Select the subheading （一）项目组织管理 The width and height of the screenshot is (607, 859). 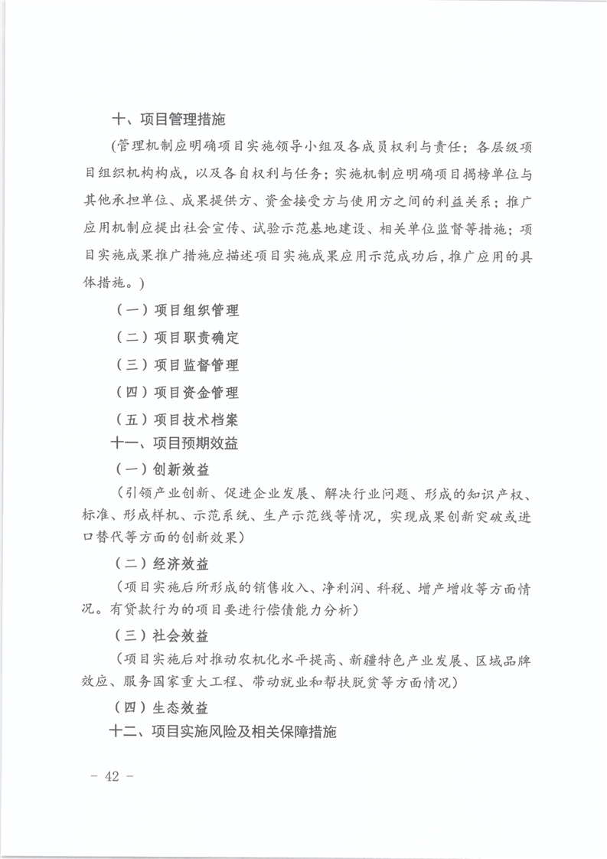coord(177,311)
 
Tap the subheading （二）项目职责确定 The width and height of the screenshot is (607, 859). coord(177,338)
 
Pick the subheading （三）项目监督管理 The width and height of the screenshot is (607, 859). coord(177,365)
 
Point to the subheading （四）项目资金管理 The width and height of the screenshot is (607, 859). coord(177,393)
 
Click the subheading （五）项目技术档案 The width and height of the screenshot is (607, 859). coord(177,420)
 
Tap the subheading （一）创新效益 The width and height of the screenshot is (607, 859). coord(162,469)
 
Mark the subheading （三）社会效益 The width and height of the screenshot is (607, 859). coord(162,636)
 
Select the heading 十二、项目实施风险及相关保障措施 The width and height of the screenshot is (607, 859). coord(224,731)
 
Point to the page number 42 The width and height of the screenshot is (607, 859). coord(113,776)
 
